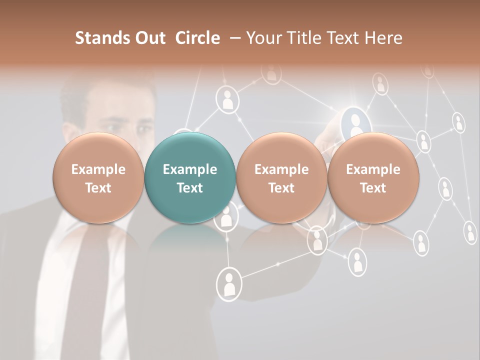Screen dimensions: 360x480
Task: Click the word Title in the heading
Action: tap(305, 38)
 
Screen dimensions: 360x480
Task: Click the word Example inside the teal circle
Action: tap(190, 169)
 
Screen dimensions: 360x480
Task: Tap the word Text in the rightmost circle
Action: tap(373, 188)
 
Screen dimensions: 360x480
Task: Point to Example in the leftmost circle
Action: tap(98, 169)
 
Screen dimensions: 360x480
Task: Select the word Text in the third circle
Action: tap(281, 188)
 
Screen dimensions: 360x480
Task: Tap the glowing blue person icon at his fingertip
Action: tap(356, 121)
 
